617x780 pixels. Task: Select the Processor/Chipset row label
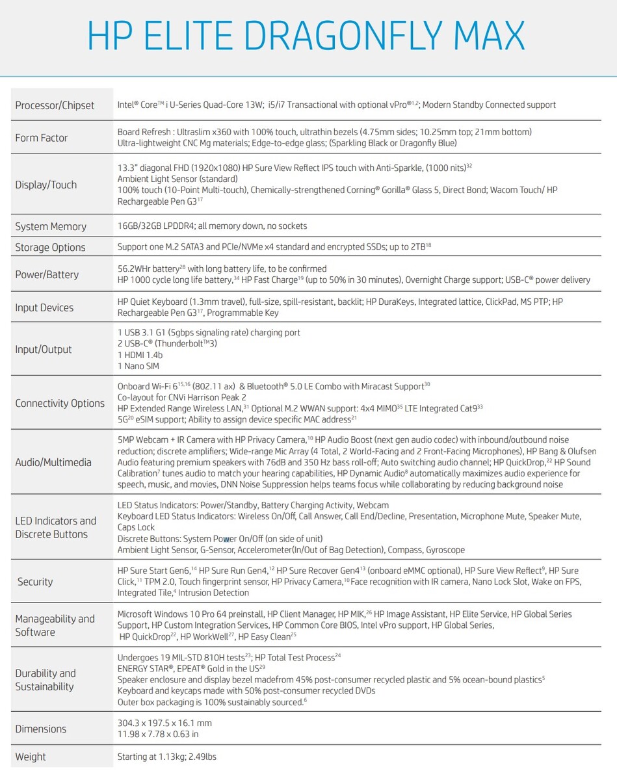coord(55,105)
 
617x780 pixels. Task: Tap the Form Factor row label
coord(42,138)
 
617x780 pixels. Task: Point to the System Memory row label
coord(51,226)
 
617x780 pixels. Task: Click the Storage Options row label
coord(50,248)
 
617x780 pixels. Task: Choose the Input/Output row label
coord(44,349)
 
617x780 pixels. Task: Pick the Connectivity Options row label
coord(60,403)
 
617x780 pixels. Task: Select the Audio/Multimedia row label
coord(53,462)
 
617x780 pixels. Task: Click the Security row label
coord(35,582)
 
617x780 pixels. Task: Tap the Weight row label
coord(31,757)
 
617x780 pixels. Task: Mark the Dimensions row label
coord(41,729)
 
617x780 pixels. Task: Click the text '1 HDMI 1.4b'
coord(140,355)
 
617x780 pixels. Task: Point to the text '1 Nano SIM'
coord(138,366)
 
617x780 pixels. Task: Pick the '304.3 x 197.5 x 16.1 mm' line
coord(164,723)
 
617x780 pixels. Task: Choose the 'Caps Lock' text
coord(136,527)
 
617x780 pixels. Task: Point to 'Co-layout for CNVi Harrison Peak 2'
coord(182,397)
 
